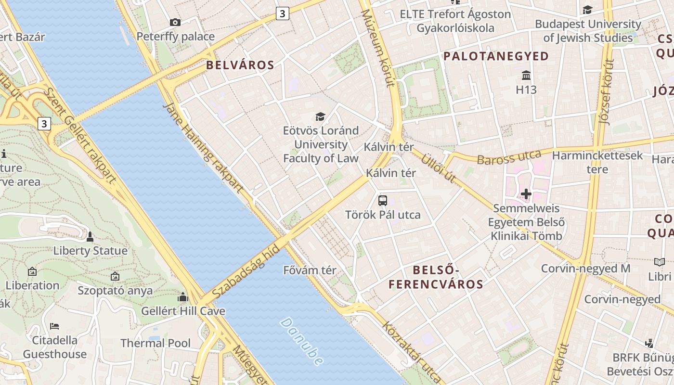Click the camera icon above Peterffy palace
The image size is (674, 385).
coord(175,22)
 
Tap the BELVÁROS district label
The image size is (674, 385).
coord(240,65)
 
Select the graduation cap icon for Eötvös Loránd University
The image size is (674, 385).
coord(320,116)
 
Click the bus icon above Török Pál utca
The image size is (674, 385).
coord(383,201)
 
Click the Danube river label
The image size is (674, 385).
coord(302,341)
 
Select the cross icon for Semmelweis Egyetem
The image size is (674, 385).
coord(526,194)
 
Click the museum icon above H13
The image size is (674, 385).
coord(526,76)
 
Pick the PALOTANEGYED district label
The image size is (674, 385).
coord(496,56)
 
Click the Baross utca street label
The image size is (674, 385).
coord(509,157)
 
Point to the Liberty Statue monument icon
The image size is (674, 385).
coord(90,237)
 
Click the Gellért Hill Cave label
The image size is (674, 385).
coord(183,311)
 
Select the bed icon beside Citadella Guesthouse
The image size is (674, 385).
coord(54,326)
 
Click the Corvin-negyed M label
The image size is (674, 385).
coord(585,268)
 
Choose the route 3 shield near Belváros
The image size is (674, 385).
coord(283,13)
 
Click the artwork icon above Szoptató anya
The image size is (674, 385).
coord(115,276)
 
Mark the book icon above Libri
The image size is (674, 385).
coord(659,262)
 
